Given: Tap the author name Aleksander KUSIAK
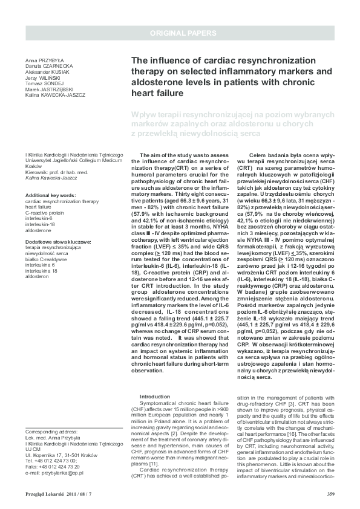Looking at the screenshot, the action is pos(47,73).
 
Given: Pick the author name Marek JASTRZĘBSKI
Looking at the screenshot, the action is pos(50,89).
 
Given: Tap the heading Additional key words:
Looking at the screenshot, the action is pos(51,195).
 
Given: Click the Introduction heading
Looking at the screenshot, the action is pos(155,397).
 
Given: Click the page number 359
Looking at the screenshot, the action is pos(330,494).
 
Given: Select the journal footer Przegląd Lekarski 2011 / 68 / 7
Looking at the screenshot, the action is pos(57,494).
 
